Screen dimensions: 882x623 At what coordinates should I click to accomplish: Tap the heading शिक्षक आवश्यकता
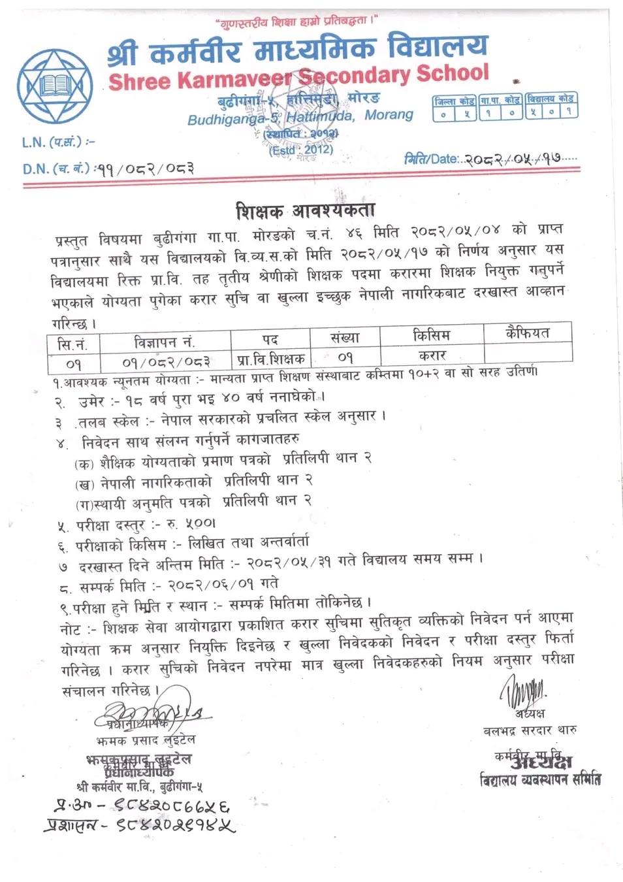coord(305,210)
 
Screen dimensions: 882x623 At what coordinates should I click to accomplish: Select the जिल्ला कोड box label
coord(454,101)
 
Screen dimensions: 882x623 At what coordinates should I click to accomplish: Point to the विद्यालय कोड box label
coord(551,99)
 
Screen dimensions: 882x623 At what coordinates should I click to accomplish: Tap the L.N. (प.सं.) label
coord(57,142)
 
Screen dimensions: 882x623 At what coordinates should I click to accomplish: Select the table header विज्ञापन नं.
coord(164,342)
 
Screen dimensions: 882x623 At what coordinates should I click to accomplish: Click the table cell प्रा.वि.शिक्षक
coord(271,359)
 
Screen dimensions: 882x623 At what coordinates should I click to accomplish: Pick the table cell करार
coord(432,355)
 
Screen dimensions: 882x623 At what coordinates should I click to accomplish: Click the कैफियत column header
coord(527,333)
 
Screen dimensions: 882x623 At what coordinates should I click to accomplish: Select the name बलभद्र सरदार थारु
coord(530,730)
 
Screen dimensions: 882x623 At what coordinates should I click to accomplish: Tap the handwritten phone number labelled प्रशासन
coord(139,826)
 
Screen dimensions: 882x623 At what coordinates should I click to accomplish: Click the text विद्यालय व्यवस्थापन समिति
coord(539,779)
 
